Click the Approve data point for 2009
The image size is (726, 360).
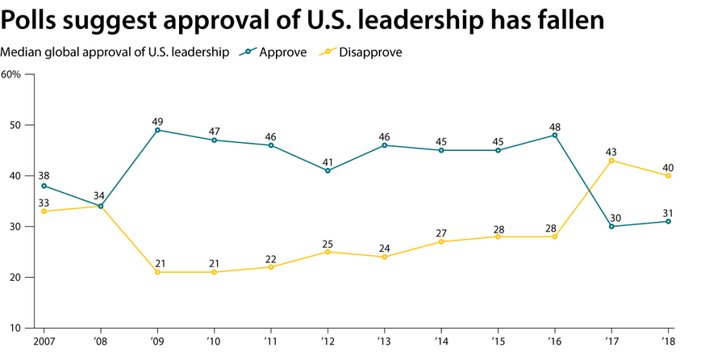[x=157, y=130]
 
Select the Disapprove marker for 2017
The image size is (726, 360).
[x=612, y=161]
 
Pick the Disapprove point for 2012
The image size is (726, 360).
[x=328, y=252]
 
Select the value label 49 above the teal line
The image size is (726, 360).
[x=157, y=121]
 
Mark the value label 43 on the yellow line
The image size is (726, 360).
[x=612, y=152]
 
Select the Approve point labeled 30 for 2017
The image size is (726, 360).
[x=612, y=226]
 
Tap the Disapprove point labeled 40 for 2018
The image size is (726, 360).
[x=669, y=176]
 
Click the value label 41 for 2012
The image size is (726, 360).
[x=328, y=161]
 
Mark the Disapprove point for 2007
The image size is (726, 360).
[x=44, y=211]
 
